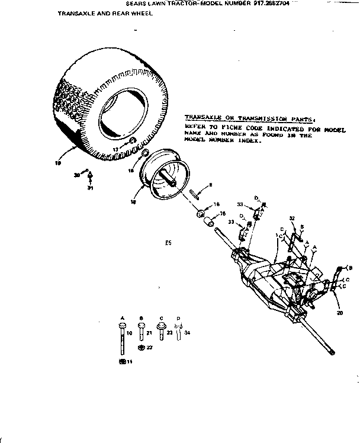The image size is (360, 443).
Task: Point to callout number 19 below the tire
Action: pyautogui.click(x=58, y=164)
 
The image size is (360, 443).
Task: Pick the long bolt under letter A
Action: pyautogui.click(x=122, y=341)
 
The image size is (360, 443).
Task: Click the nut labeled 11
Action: pyautogui.click(x=122, y=361)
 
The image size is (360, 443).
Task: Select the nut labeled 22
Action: pyautogui.click(x=141, y=348)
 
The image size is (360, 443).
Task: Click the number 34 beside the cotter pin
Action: pyautogui.click(x=187, y=334)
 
